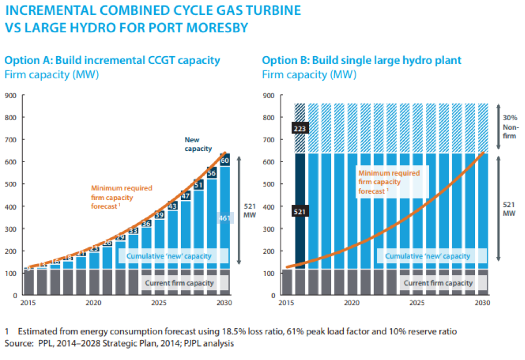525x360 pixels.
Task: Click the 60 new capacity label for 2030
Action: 224,161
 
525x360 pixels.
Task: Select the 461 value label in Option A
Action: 225,218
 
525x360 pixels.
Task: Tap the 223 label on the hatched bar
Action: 300,128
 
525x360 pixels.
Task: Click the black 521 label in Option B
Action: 300,212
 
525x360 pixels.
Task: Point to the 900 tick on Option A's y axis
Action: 10,96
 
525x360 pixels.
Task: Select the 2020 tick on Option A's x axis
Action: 94,303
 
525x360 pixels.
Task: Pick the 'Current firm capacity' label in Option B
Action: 438,283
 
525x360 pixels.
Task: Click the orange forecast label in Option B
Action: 390,182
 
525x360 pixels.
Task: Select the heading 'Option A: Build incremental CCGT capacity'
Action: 112,60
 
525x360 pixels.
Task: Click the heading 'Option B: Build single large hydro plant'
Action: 361,60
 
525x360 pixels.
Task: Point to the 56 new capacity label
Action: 211,173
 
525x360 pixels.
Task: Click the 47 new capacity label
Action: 185,196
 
